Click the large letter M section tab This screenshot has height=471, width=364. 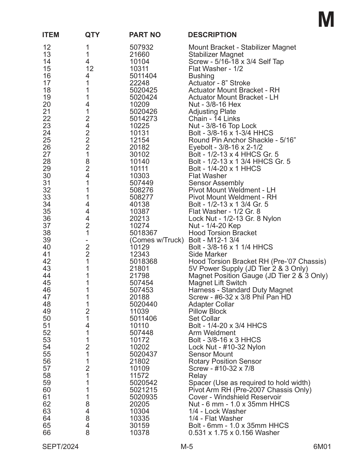pos(326,20)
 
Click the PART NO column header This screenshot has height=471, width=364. pos(145,35)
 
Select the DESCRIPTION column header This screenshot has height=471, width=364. pos(212,35)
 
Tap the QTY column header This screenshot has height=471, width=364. pos(92,35)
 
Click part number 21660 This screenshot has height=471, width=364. pos(139,55)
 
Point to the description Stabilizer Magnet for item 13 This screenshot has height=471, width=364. pos(216,55)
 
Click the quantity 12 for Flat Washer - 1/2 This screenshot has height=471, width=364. pos(90,69)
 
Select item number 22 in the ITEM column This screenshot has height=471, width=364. pos(47,119)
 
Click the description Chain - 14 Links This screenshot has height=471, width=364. pos(214,119)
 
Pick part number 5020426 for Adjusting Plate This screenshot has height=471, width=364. pos(143,112)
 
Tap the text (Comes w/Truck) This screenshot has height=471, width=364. pos(157,240)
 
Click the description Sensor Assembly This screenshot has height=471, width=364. pos(216,183)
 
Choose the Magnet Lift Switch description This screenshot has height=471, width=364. pos(217,283)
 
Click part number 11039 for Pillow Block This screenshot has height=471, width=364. pos(139,312)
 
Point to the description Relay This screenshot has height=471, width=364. pos(197,376)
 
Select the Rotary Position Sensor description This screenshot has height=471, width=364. pos(225,362)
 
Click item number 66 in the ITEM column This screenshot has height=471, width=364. pos(47,433)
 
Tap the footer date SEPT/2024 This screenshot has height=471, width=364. pos(60,447)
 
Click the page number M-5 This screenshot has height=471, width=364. pos(187,447)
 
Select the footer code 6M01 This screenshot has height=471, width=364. pos(322,447)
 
